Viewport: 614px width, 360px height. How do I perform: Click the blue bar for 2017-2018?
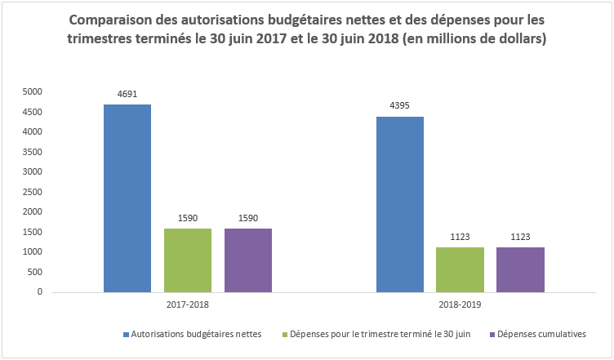(127, 198)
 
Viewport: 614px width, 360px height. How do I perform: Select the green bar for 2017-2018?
(188, 260)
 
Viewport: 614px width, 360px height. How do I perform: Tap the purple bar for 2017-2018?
(248, 260)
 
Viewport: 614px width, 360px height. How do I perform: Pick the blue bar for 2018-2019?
(400, 204)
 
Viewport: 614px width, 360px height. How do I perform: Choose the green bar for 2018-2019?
(460, 269)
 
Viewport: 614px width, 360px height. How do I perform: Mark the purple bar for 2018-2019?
(520, 269)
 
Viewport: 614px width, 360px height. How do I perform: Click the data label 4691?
(127, 95)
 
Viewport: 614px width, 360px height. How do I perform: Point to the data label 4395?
(400, 106)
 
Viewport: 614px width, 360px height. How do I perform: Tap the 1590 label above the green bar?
(188, 218)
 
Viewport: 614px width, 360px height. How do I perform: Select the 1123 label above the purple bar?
(520, 237)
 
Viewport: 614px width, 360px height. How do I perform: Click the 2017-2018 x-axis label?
(188, 304)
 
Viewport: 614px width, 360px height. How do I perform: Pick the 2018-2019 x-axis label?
(460, 304)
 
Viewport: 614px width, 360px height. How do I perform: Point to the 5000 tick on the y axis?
(32, 91)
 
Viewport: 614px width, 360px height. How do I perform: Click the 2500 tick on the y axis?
(32, 192)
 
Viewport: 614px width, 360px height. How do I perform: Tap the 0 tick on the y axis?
(38, 291)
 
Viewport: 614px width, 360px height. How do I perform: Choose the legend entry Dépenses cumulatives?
(541, 334)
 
